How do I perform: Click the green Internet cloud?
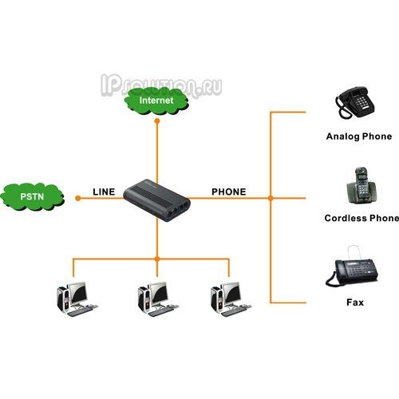156,101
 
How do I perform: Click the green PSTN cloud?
32,197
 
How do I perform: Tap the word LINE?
104,192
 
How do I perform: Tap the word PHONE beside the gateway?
229,192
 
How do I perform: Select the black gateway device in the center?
157,200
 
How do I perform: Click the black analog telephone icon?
354,103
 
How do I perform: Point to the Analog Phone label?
359,136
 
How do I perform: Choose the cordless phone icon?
361,187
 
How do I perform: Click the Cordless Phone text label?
361,218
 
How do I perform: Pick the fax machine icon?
352,269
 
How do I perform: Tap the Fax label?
355,302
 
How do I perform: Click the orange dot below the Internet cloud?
157,121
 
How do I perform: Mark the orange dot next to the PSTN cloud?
78,198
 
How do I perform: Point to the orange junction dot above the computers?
157,259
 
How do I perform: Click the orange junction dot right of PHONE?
271,198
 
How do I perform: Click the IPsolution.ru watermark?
161,85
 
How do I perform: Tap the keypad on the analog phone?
361,101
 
